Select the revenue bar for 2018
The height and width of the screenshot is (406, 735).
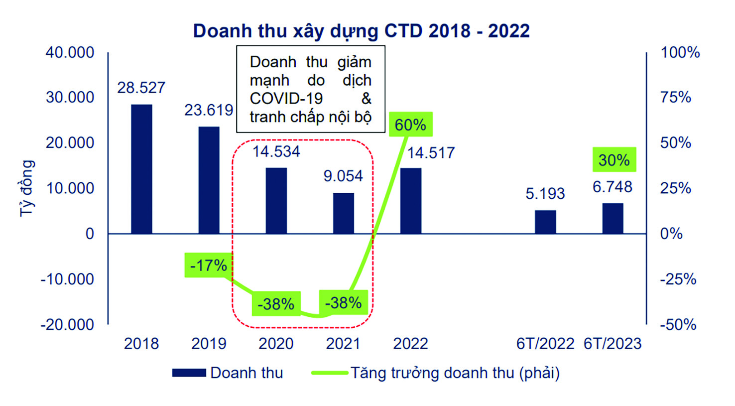click(x=141, y=169)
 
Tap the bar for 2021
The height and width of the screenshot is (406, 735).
click(x=344, y=213)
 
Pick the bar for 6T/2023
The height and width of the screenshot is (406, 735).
click(x=612, y=218)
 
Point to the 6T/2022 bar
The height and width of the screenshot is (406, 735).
click(x=545, y=222)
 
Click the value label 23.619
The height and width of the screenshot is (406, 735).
click(x=209, y=110)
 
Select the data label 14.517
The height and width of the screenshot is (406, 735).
click(x=431, y=152)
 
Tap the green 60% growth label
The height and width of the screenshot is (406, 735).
click(x=410, y=125)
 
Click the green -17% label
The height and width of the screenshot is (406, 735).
click(x=208, y=265)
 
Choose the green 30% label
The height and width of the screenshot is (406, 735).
click(x=614, y=160)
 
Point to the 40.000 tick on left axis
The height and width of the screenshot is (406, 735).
click(x=70, y=52)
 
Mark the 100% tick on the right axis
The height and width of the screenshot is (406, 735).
click(x=680, y=52)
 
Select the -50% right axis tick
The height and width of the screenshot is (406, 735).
click(x=678, y=325)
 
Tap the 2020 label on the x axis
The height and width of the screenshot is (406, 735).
click(x=276, y=344)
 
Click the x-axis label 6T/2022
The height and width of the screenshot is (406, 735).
click(x=545, y=344)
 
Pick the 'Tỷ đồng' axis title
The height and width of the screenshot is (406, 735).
click(x=27, y=188)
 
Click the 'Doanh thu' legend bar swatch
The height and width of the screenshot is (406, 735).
click(x=189, y=373)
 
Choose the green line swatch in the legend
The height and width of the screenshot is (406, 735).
click(x=329, y=373)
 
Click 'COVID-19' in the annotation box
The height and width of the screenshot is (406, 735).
click(x=286, y=98)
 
